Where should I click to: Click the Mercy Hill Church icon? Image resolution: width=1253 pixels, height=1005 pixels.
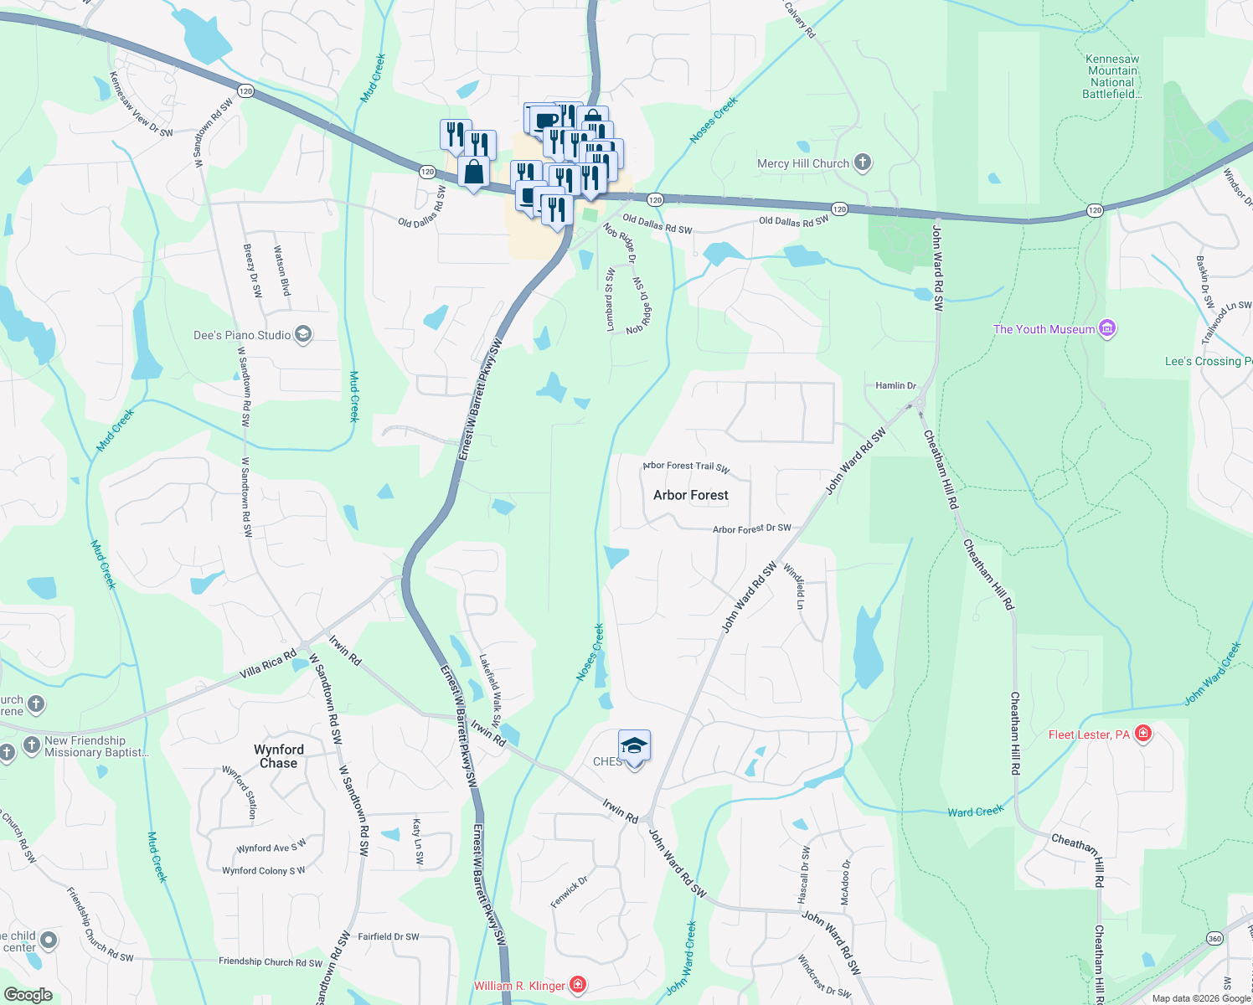pos(863,163)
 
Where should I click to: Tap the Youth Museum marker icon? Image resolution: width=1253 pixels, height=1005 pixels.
pos(1107,328)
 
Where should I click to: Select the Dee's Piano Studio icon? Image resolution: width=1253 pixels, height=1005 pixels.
pos(303,335)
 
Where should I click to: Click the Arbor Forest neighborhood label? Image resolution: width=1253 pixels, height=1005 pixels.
pos(691,495)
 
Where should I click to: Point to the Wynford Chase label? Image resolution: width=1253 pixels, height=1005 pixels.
pos(279,756)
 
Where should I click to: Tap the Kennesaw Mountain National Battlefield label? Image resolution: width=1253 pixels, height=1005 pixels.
pos(1112,77)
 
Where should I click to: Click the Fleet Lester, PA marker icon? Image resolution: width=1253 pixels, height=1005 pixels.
pos(1143,734)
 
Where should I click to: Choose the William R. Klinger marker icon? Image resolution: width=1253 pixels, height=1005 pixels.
pos(577,985)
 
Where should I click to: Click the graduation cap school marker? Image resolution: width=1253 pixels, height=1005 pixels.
pos(634,746)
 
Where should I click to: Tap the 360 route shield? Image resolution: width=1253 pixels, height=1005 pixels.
pos(1215,939)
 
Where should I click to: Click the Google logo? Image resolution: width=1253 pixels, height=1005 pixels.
pos(28,995)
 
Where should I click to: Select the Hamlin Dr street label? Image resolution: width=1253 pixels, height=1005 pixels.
pos(895,386)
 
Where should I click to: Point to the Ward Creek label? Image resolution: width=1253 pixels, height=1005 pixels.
pos(976,812)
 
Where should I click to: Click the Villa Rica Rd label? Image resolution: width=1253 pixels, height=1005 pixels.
pos(268,665)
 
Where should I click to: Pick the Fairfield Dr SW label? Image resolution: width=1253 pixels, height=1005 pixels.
pos(388,937)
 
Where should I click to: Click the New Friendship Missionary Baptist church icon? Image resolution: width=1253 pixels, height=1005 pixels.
pos(31,745)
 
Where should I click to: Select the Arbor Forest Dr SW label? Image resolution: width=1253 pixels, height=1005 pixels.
pos(751,529)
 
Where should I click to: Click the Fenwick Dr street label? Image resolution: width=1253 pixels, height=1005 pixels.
pos(570,893)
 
